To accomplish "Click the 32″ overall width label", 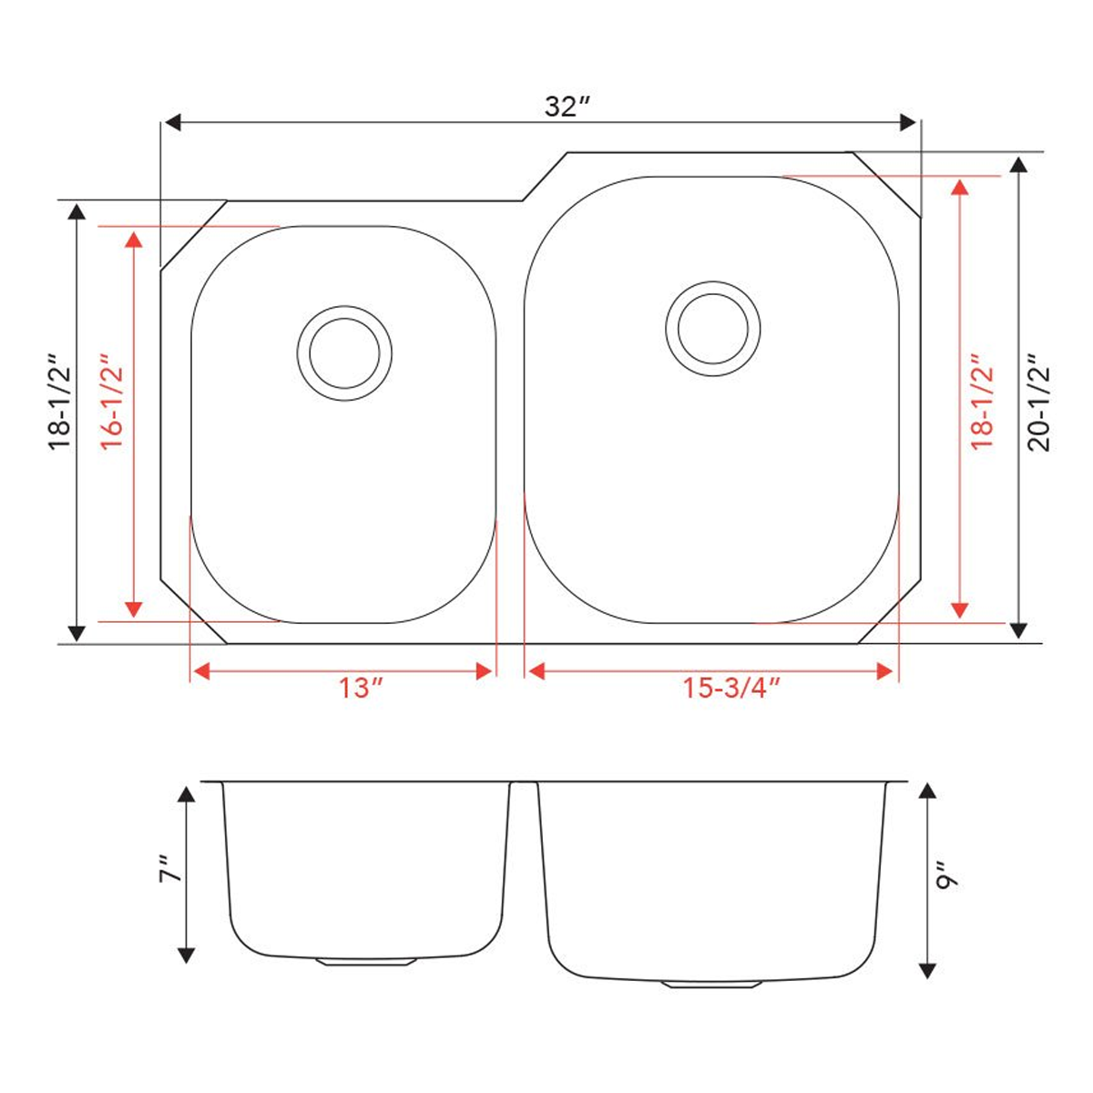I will pyautogui.click(x=567, y=107).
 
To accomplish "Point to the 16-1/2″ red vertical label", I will pyautogui.click(x=112, y=400).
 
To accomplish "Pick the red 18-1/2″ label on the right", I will pyautogui.click(x=981, y=402).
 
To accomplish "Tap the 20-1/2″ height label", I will pyautogui.click(x=1038, y=402).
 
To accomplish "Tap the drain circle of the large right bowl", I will pyautogui.click(x=712, y=326).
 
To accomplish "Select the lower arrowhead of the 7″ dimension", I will pyautogui.click(x=186, y=954).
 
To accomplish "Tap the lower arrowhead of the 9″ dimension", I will pyautogui.click(x=927, y=969).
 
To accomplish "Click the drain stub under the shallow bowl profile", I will pyautogui.click(x=365, y=961).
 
